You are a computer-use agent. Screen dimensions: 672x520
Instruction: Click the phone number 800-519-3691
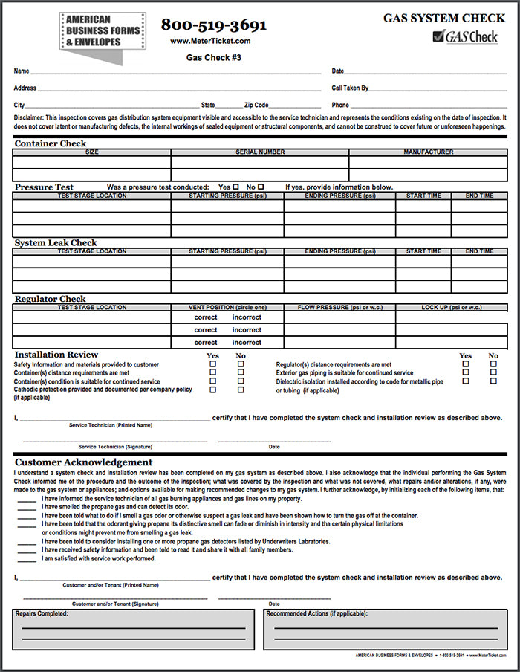click(x=213, y=25)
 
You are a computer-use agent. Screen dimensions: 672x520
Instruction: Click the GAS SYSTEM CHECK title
click(x=442, y=17)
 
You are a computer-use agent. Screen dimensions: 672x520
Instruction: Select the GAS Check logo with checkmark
click(x=466, y=36)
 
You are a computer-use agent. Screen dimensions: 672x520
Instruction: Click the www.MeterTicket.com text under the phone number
click(x=210, y=42)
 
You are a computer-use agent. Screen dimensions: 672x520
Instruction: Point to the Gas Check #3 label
click(x=213, y=57)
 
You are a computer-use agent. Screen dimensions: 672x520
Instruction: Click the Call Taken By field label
click(x=350, y=88)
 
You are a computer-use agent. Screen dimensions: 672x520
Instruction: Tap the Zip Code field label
click(x=256, y=106)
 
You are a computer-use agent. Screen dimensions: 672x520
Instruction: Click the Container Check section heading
click(x=51, y=143)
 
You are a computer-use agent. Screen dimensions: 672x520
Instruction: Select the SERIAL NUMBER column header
click(x=260, y=152)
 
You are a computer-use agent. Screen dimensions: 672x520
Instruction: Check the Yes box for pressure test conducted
click(x=235, y=187)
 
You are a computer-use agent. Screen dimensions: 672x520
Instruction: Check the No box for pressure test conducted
click(x=259, y=187)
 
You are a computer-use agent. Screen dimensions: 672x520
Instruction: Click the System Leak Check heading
click(x=56, y=242)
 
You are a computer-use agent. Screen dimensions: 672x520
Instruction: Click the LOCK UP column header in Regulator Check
click(x=451, y=307)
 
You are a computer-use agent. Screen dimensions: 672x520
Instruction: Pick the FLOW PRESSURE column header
click(x=339, y=307)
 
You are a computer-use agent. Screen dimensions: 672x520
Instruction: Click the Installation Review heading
click(x=56, y=355)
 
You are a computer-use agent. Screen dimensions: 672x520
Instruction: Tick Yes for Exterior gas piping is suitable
click(x=466, y=372)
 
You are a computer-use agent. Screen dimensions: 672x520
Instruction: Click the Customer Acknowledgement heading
click(x=83, y=462)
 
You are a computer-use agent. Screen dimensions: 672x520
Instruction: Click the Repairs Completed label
click(x=42, y=613)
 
